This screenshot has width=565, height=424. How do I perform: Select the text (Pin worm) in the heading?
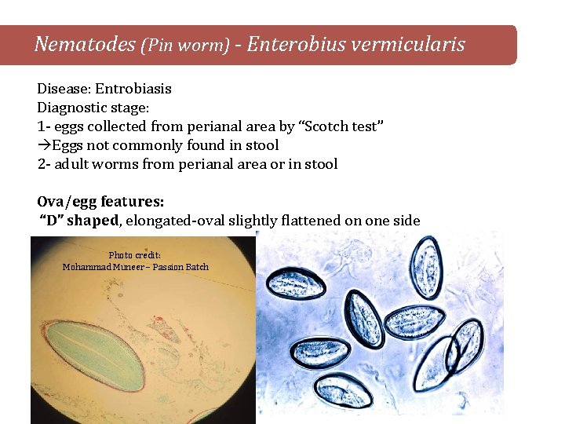point(185,46)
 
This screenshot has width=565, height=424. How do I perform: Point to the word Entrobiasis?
point(133,89)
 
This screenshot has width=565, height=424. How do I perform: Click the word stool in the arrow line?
point(261,145)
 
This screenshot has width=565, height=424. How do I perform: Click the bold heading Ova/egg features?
point(101,202)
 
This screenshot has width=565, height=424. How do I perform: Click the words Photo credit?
point(135,255)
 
